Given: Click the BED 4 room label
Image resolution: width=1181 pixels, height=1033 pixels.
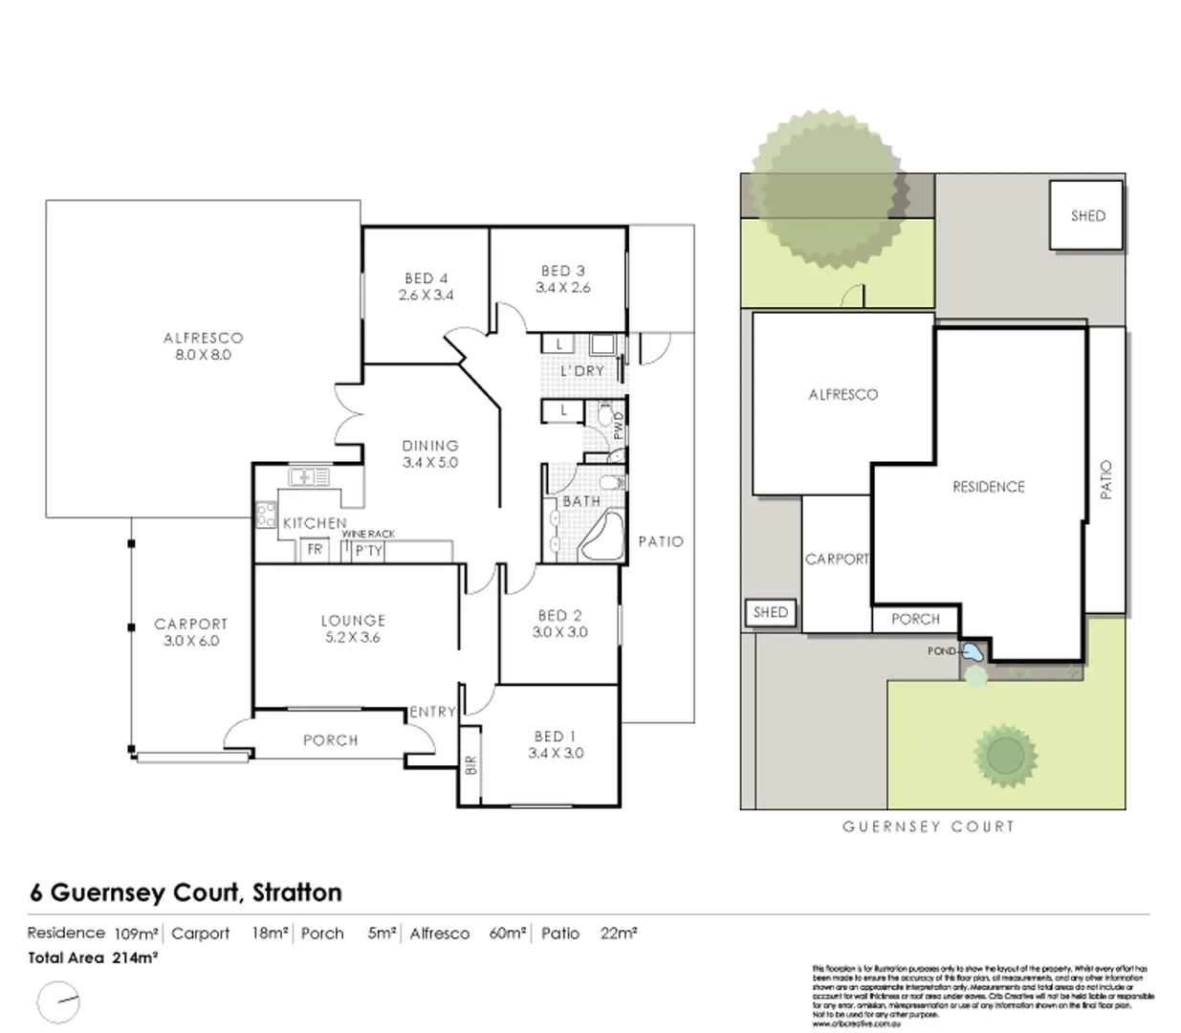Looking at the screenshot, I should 426,278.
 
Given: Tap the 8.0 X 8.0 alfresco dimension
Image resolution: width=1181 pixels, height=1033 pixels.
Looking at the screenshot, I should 203,355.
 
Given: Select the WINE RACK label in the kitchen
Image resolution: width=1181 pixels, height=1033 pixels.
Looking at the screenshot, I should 368,534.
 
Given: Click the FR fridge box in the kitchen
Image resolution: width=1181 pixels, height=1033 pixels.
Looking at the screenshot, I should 315,550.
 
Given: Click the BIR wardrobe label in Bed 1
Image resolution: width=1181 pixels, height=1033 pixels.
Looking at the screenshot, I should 470,766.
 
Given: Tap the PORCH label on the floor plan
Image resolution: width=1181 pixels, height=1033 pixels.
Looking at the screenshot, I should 330,740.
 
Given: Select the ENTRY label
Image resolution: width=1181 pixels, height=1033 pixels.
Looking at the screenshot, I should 432,712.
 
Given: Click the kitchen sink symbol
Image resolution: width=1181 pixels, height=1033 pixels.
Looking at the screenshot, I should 308,475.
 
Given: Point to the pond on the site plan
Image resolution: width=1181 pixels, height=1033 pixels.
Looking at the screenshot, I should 972,654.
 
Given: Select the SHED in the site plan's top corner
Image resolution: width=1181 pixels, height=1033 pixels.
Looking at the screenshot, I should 1087,216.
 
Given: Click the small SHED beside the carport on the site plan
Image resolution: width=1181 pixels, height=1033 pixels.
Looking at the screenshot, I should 771,612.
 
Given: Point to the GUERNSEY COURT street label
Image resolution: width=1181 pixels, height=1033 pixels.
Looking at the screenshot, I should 928,826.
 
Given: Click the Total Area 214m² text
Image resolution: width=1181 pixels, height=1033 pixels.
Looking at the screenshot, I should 93,957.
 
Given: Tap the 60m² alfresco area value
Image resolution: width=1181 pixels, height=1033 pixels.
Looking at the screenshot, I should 507,934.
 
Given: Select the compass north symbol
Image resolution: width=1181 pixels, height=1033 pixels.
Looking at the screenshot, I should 59,1003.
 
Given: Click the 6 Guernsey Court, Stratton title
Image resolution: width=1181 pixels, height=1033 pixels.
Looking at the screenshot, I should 186,892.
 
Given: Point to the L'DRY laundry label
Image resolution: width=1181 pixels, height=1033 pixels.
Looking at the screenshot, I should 581,371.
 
